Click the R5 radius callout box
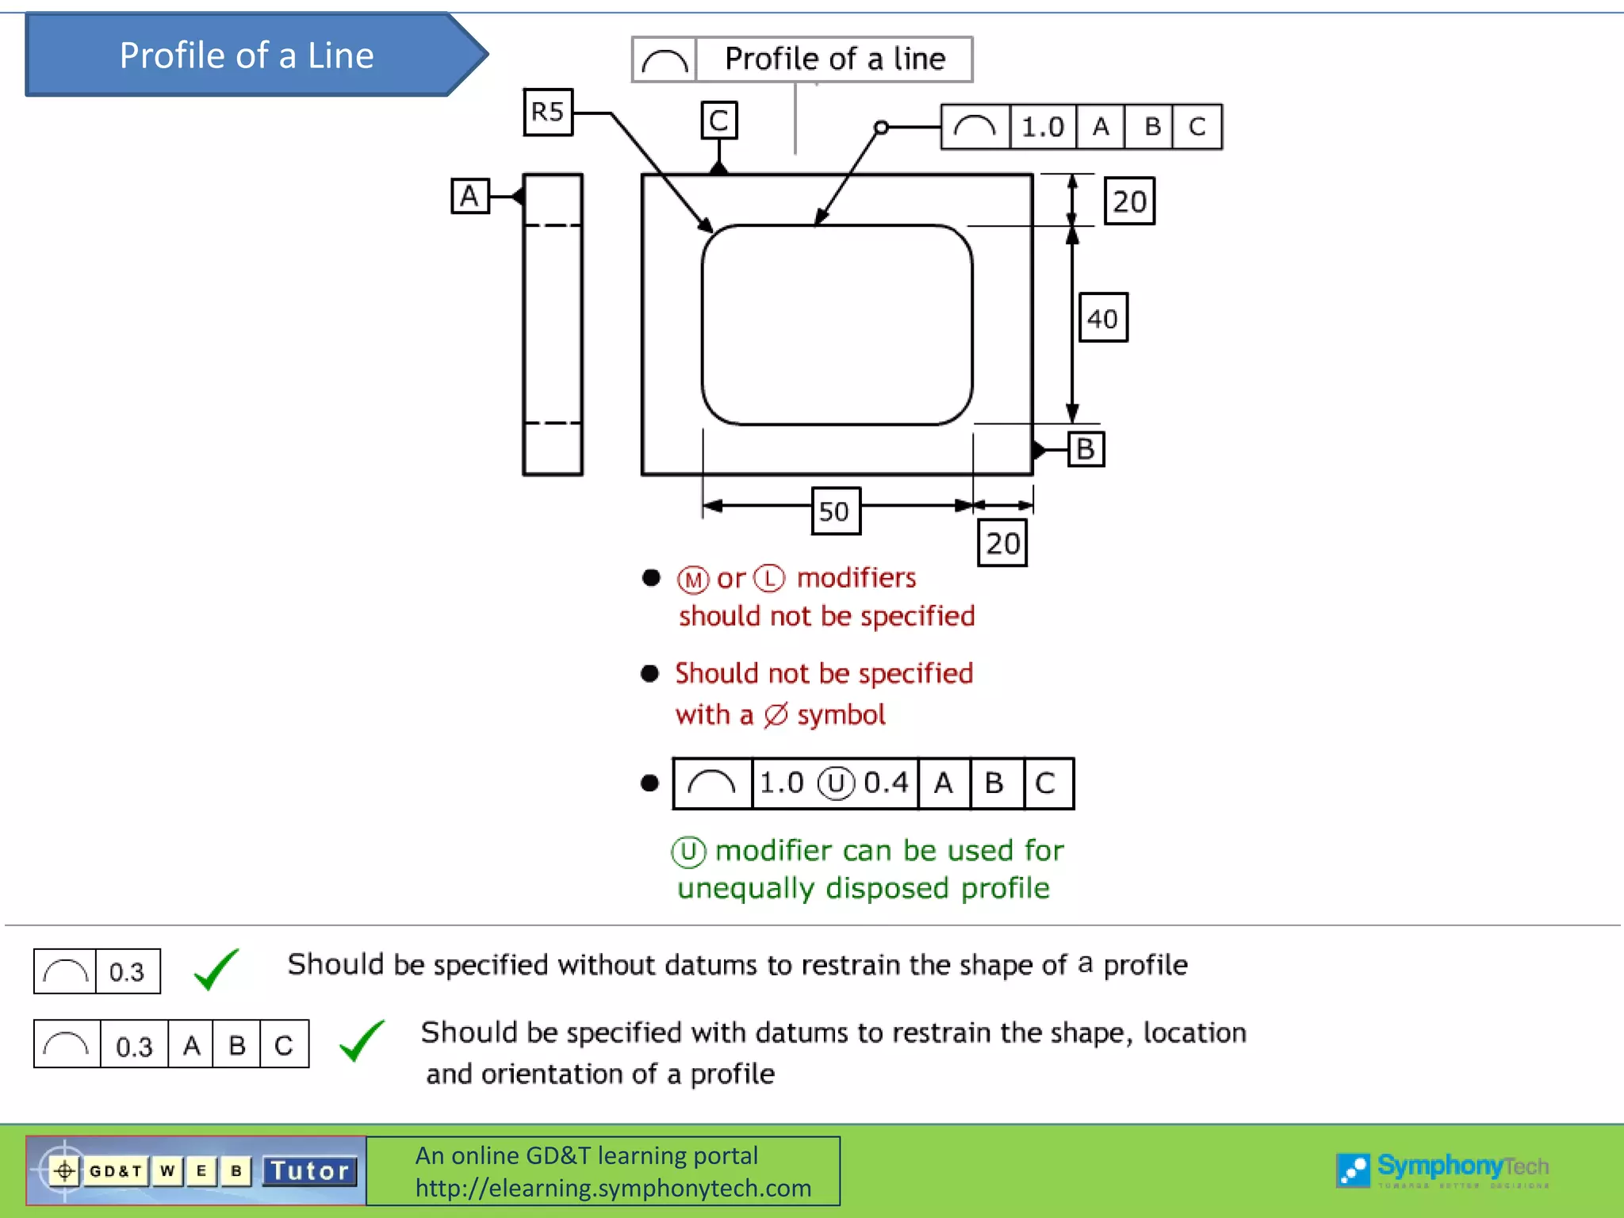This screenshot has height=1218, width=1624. point(548,113)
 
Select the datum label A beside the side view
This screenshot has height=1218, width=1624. point(470,196)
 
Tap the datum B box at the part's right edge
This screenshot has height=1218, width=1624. point(1086,449)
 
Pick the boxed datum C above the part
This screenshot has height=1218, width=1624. point(719,121)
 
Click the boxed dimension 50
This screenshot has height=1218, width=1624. point(835,511)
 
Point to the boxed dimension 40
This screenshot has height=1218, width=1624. point(1103,318)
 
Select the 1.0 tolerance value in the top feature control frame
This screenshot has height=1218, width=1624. point(1042,127)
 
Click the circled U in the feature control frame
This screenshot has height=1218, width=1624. point(836,783)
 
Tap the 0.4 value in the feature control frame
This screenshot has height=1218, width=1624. point(886,783)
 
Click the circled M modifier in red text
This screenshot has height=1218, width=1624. point(693,580)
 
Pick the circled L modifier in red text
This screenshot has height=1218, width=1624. point(769,578)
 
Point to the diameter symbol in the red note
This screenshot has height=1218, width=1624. point(776,715)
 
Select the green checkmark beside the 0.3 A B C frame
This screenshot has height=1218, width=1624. point(362,1040)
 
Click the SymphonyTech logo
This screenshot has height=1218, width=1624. point(1442,1169)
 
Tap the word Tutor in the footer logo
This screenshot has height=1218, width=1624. point(309,1171)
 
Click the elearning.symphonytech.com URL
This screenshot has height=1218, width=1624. point(613,1188)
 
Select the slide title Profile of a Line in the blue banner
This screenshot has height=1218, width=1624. point(246,56)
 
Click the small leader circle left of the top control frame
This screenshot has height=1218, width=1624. point(881,127)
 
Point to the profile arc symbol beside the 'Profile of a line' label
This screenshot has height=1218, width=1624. point(665,60)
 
